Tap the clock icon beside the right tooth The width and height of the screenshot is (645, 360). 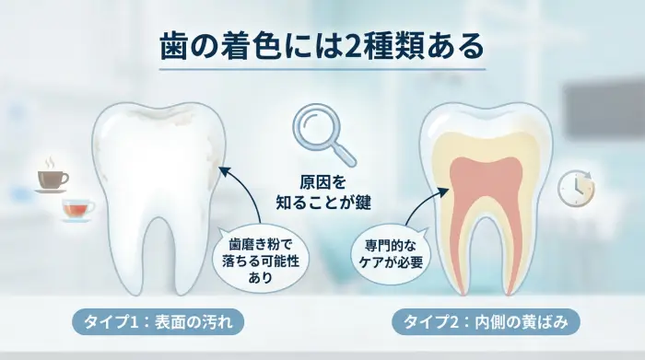coord(576,186)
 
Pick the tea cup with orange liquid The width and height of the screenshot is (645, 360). coord(77,210)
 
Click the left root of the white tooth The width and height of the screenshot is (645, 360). coord(130,258)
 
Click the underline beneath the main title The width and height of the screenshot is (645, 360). coord(322,69)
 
